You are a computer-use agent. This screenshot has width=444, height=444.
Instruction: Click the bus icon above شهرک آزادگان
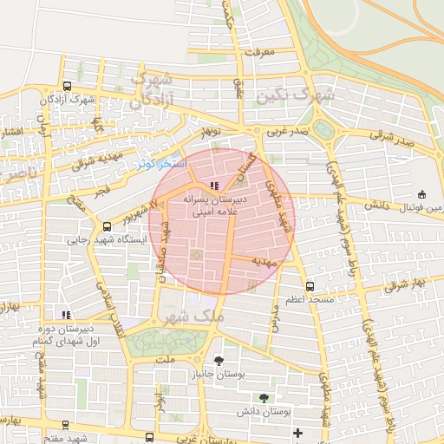[68, 87]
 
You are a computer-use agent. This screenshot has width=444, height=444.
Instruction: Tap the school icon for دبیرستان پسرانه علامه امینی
[214, 186]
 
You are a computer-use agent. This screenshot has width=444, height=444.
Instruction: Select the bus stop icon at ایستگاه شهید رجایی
[107, 226]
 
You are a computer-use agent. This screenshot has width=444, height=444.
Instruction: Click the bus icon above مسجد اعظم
[310, 285]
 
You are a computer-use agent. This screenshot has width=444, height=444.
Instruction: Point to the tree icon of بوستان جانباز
[218, 361]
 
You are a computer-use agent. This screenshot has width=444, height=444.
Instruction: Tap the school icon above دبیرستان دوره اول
[66, 315]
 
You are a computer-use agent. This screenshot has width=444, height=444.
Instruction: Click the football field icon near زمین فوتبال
[422, 194]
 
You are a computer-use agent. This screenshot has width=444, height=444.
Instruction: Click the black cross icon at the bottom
[298, 433]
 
